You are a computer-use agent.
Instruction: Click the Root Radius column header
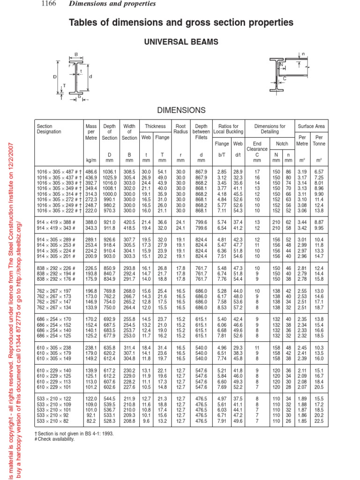pyautogui.click(x=180, y=129)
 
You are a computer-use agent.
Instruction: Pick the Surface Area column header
pyautogui.click(x=311, y=126)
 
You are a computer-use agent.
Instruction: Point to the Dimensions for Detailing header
pyautogui.click(x=270, y=129)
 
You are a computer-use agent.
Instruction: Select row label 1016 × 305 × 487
pyautogui.click(x=58, y=173)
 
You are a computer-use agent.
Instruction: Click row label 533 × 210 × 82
pyautogui.click(x=55, y=421)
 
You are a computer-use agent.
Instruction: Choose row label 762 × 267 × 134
pyautogui.click(x=55, y=321)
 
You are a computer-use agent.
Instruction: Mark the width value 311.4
pyautogui.click(x=129, y=348)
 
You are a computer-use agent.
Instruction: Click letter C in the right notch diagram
pyautogui.click(x=284, y=79)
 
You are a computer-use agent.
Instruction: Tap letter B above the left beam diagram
pyautogui.click(x=76, y=54)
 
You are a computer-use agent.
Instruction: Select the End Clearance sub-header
pyautogui.click(x=256, y=147)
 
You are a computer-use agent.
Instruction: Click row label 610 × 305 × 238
pyautogui.click(x=55, y=348)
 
